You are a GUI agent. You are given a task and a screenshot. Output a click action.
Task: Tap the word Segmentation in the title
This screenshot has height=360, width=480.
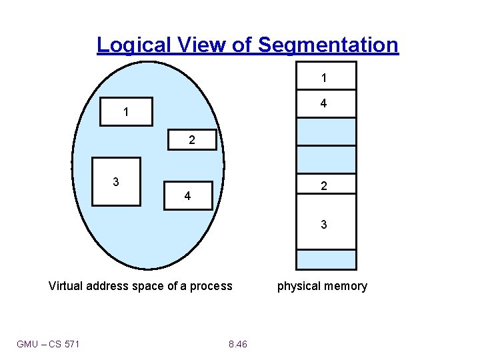328,45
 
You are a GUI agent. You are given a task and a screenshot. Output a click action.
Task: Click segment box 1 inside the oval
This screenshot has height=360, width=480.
126,112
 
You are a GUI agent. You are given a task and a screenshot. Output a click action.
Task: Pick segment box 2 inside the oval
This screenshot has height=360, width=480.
192,140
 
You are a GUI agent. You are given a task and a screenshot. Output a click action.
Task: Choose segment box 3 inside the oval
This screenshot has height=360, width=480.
116,181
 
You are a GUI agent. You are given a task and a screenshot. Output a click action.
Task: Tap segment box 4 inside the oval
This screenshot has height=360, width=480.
188,196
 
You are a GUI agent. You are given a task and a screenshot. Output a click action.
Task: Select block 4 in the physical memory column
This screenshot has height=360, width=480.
326,103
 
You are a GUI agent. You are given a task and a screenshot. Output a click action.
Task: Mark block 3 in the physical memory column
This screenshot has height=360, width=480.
326,225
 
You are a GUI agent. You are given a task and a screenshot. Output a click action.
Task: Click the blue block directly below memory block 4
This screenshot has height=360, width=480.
326,131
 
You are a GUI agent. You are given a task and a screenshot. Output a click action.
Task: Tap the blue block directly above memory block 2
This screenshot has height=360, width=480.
326,159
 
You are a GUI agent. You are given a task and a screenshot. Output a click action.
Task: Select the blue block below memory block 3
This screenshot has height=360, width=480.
326,259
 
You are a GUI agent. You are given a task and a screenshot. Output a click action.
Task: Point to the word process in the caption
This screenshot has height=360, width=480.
211,287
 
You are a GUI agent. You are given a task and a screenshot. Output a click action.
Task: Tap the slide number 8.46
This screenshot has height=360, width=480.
237,344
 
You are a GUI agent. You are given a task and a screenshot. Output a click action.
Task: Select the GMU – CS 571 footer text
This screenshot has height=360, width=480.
48,344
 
